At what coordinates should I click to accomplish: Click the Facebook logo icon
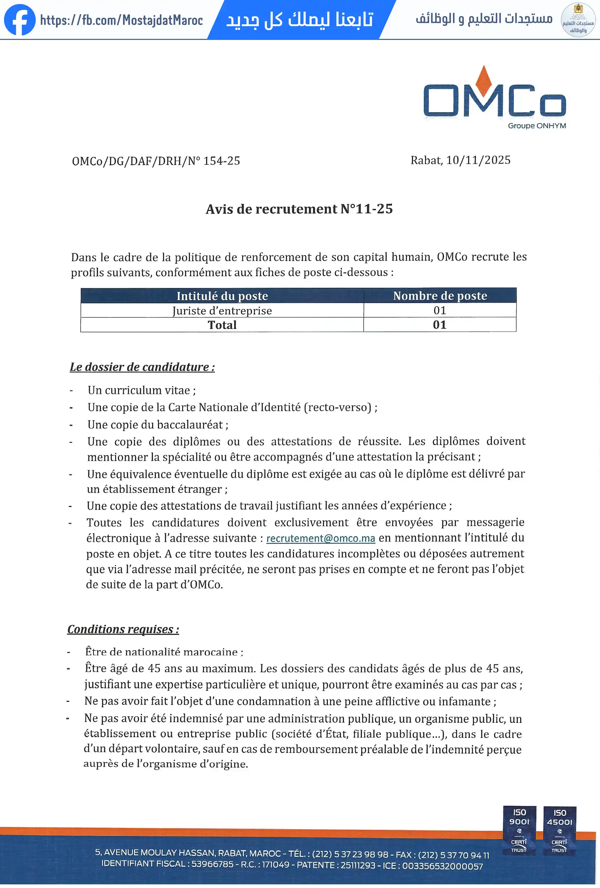point(20,20)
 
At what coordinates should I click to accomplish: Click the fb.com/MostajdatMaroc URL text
point(122,20)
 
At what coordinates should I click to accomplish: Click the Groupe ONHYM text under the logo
point(536,126)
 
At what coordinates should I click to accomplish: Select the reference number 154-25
point(221,161)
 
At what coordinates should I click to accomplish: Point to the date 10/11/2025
point(478,160)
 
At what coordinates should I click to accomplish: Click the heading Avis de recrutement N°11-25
point(299,209)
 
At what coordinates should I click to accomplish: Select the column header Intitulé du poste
point(222,296)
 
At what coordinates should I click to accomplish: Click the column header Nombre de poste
point(440,295)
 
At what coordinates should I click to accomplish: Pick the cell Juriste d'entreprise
point(222,311)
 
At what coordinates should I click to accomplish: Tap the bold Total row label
point(222,325)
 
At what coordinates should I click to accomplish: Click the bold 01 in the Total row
point(440,325)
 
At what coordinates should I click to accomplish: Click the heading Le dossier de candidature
point(142,367)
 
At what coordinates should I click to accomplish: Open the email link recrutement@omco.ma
point(320,539)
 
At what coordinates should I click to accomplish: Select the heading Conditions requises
point(123,629)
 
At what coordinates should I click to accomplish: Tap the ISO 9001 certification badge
point(519,831)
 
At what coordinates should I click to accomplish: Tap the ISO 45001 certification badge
point(559,831)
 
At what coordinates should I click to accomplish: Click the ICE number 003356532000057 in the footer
point(442,866)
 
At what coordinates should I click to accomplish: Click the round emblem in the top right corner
point(578,20)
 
